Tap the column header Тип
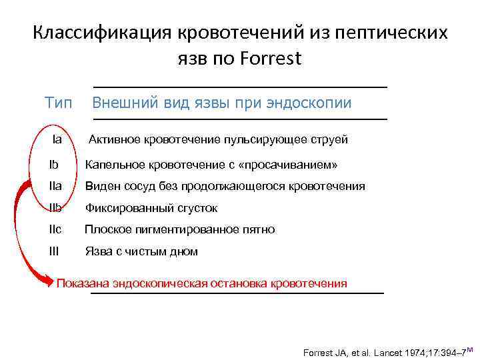(59, 103)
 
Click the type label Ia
(57, 139)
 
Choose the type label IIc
(55, 229)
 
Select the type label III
(54, 251)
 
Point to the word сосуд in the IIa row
(133, 186)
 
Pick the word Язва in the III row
(97, 251)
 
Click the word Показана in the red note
(83, 283)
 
